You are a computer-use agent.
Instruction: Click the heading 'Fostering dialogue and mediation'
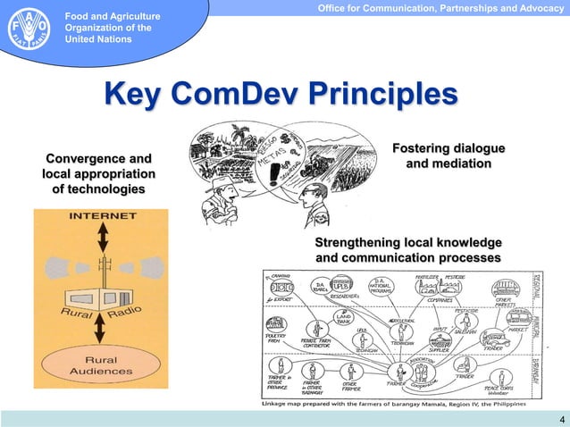coord(448,156)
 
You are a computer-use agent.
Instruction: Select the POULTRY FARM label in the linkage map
coord(276,339)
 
